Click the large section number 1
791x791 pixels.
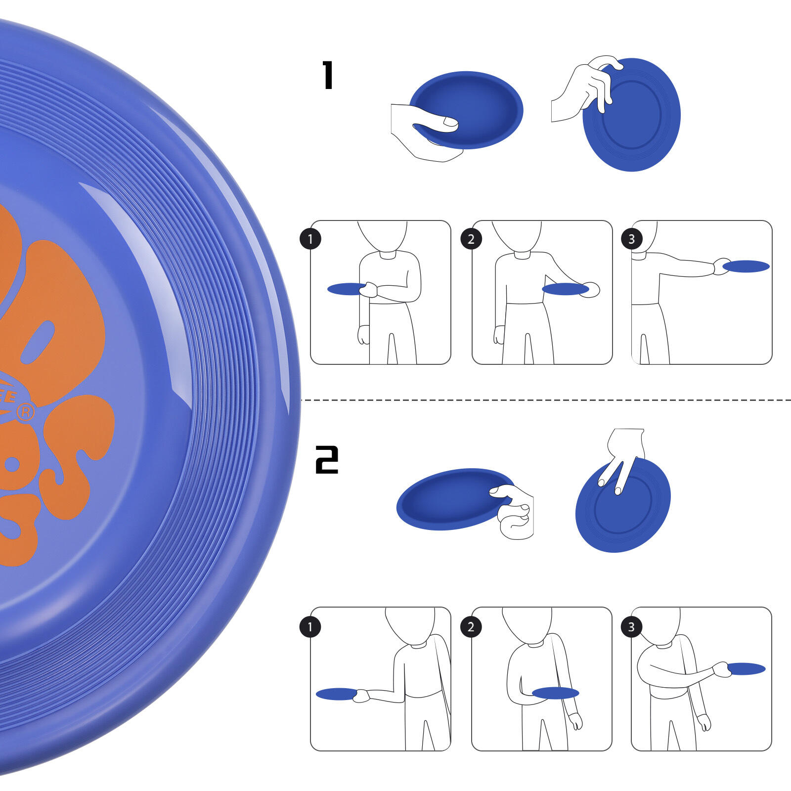click(328, 75)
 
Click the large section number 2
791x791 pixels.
click(327, 459)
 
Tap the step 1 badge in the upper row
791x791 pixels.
click(310, 239)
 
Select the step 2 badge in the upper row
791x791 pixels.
click(471, 239)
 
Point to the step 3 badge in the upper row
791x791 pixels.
click(631, 239)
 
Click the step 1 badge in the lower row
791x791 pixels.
click(310, 627)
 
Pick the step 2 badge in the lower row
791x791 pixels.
click(471, 627)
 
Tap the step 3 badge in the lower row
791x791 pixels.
click(631, 627)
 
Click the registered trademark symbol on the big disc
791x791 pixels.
click(26, 412)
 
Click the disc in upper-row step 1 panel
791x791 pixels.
click(345, 289)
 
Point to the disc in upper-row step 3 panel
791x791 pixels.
click(746, 266)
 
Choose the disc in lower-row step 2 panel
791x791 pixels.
click(555, 693)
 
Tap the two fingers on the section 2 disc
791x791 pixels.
click(613, 475)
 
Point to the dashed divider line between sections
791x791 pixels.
click(544, 400)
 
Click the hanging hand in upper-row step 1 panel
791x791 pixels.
click(363, 335)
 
